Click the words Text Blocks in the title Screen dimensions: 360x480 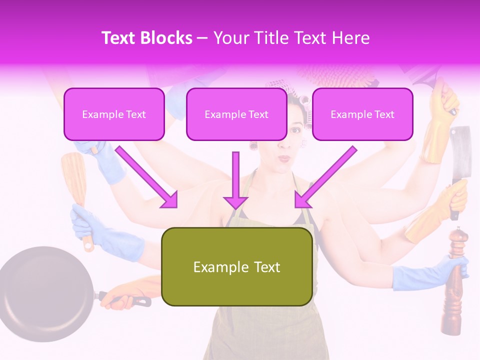pyautogui.click(x=147, y=38)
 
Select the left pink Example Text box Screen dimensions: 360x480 pyautogui.click(x=114, y=114)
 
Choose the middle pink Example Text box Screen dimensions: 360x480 pyautogui.click(x=236, y=114)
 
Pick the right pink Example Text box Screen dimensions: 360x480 pyautogui.click(x=362, y=114)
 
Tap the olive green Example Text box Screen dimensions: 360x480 pyautogui.click(x=237, y=267)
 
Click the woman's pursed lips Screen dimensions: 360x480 pyautogui.click(x=284, y=158)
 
